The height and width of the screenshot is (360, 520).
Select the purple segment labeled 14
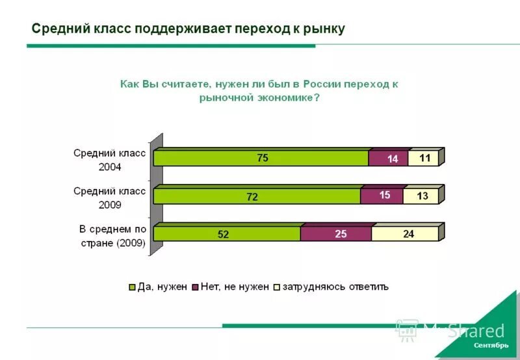point(389,159)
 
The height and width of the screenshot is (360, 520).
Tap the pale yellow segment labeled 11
point(424,158)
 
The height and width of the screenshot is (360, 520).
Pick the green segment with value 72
point(257,196)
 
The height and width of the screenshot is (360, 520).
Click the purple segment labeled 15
point(382,196)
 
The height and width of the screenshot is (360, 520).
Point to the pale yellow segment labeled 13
point(421,196)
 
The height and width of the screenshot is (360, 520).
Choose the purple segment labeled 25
point(337,234)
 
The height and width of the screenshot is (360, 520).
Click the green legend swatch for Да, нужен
point(133,287)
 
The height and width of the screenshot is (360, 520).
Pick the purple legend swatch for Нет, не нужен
point(195,287)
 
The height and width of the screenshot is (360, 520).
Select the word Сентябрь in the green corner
point(491,344)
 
